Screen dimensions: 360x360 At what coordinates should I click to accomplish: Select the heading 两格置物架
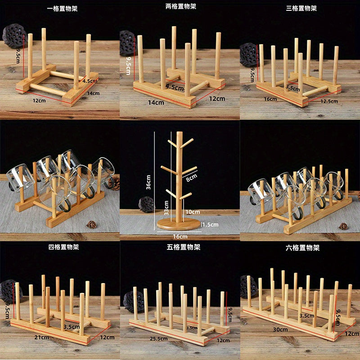pos(180,6)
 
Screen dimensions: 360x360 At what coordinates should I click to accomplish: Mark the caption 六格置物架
pos(301,247)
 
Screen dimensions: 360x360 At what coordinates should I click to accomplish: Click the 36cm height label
pos(148,182)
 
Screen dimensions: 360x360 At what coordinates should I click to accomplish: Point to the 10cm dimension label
pos(192,211)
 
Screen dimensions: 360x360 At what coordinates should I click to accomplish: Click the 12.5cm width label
pos(329,101)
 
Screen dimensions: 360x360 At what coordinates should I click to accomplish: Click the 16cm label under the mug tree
pos(180,236)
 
